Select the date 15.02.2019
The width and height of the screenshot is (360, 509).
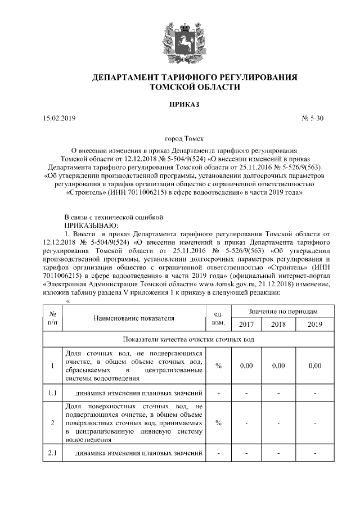click(x=58, y=119)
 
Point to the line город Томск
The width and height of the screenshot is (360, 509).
click(x=181, y=138)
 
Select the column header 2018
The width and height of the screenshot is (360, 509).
click(x=278, y=325)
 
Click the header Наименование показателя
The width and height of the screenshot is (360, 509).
click(x=134, y=318)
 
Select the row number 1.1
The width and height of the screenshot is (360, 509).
click(x=52, y=392)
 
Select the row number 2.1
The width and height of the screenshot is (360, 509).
click(x=52, y=453)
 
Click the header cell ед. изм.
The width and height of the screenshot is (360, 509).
click(x=218, y=318)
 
